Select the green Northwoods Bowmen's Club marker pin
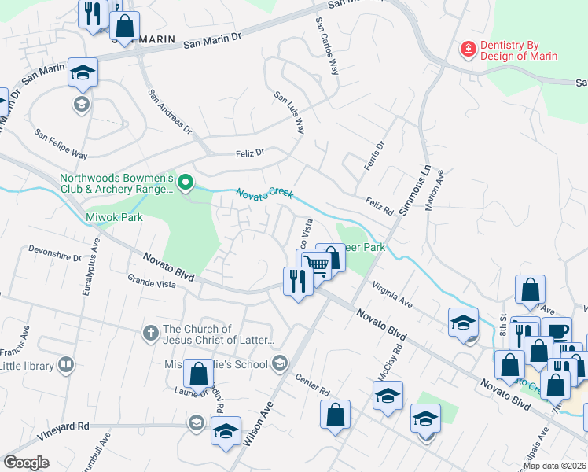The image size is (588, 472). click(186, 183)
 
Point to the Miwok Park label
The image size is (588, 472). click(114, 217)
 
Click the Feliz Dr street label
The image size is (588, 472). click(249, 153)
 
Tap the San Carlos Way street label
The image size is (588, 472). click(328, 46)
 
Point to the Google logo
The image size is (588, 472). click(27, 463)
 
